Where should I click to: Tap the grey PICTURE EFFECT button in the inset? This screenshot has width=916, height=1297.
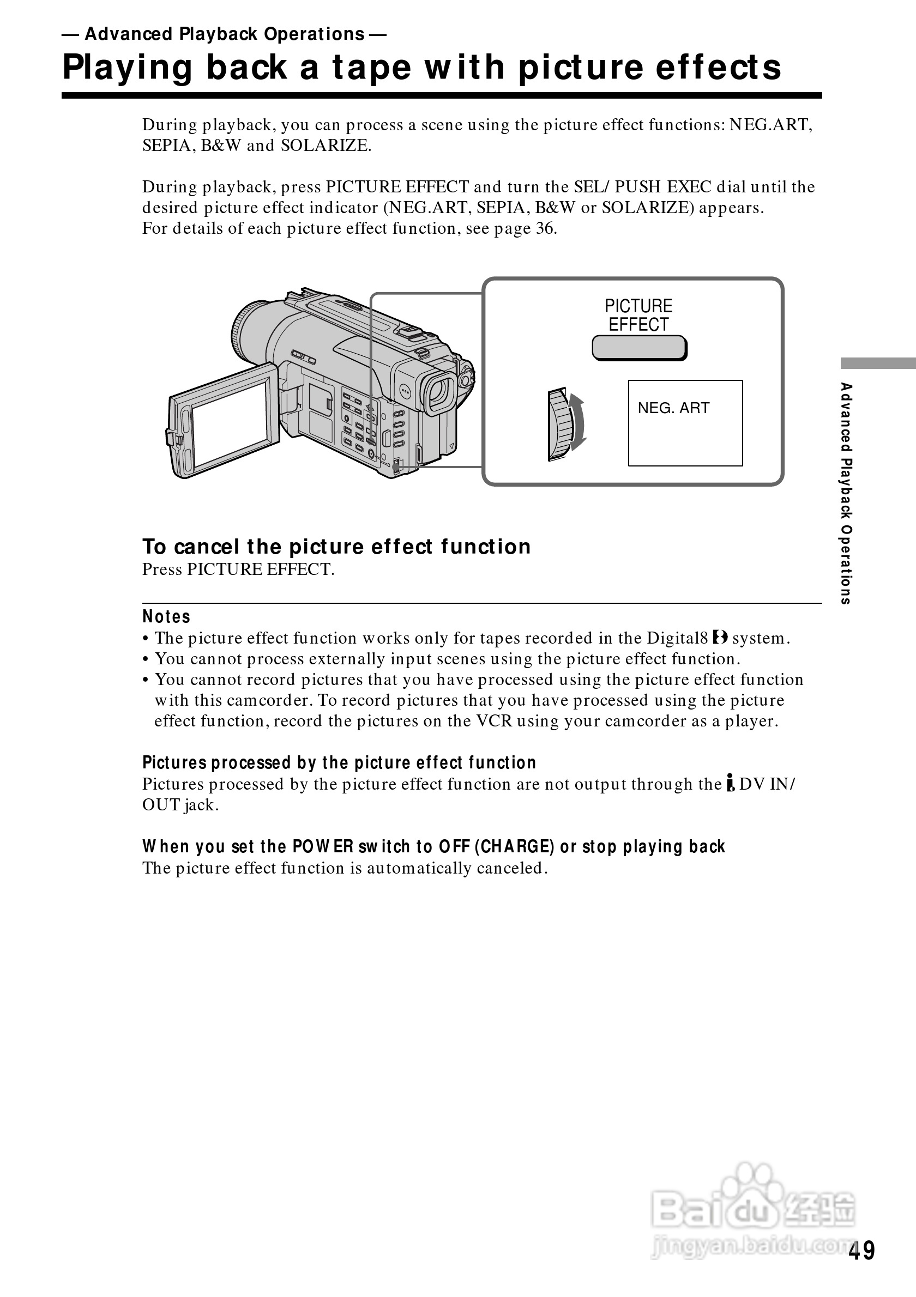click(639, 348)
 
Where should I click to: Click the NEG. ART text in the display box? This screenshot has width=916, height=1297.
click(673, 408)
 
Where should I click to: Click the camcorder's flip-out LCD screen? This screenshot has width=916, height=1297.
click(231, 425)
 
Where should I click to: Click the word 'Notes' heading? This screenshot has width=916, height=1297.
click(166, 616)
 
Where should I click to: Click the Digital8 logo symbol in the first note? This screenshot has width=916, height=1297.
click(719, 638)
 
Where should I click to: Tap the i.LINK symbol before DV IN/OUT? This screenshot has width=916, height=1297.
click(730, 783)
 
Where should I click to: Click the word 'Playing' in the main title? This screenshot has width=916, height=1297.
click(128, 67)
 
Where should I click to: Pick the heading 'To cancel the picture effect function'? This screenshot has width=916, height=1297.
click(336, 547)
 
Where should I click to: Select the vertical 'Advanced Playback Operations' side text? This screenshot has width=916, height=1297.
click(846, 493)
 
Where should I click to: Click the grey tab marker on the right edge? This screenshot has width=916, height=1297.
click(878, 363)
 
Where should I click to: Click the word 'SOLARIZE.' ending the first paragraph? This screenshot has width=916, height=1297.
click(326, 146)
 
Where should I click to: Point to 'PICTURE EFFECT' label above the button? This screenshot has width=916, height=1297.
click(638, 315)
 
